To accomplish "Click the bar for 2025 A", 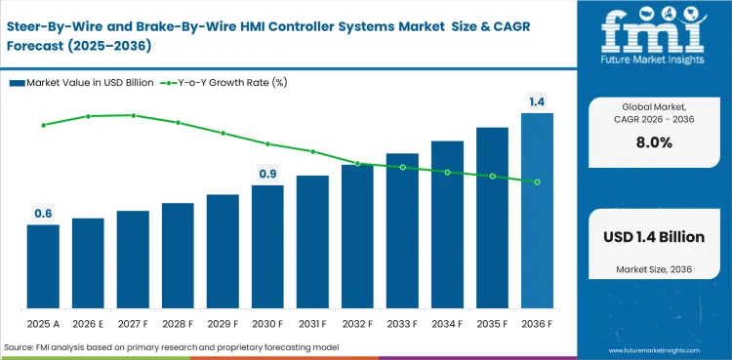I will point(43,265).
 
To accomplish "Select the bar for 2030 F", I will point(267,246).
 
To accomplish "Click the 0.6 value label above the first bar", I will point(43,214).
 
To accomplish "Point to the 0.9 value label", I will point(267,174).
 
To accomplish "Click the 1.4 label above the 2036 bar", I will point(537,101).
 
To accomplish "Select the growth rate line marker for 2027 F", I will point(133,115).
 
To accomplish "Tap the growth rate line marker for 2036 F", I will point(537,181).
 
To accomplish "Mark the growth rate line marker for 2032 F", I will point(357,164).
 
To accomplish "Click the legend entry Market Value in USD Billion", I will point(83,83).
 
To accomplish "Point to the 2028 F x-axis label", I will point(178,323).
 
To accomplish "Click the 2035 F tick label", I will point(492,323).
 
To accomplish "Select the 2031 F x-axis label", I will point(312,323).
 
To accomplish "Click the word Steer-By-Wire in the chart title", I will point(60,18).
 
